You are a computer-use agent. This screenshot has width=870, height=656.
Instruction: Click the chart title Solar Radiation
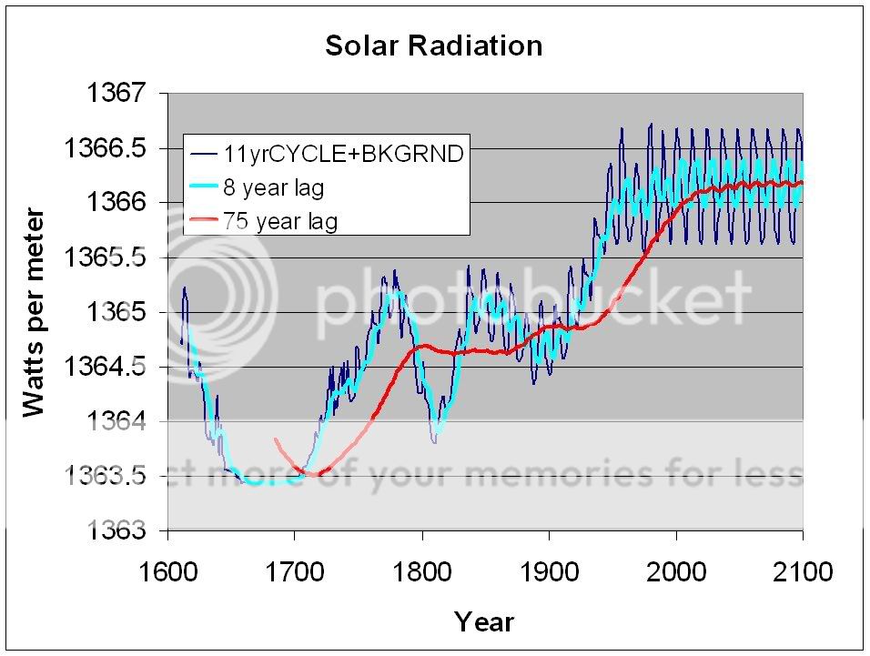coord(433,46)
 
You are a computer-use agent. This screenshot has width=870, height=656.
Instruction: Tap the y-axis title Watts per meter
coord(34,312)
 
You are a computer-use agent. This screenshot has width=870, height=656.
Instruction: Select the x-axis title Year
coord(484,621)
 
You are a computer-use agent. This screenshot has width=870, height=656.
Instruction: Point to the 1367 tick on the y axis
coord(121,93)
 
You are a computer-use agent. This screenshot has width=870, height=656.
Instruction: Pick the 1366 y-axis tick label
coord(121,202)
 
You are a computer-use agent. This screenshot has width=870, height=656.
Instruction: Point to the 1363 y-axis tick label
coord(121,530)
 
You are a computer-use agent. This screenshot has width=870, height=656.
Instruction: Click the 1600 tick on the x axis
coord(167,572)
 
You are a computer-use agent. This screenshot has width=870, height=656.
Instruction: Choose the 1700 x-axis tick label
coord(295,572)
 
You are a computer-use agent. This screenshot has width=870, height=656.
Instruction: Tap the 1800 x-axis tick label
coord(421,572)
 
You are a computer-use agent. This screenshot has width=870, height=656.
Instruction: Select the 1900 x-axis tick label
coord(549,572)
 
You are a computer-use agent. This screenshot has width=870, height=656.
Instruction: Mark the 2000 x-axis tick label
coord(675,572)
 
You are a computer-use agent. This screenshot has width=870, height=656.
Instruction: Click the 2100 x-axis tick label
coord(803,572)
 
